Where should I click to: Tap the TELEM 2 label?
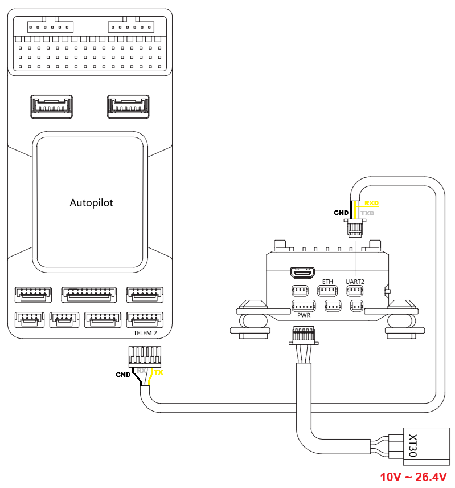click(145, 333)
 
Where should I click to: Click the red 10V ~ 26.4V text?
click(413, 477)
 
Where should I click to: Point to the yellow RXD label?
click(371, 203)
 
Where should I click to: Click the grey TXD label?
click(368, 213)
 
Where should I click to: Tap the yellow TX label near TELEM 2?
click(159, 373)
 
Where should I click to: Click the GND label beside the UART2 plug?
click(341, 213)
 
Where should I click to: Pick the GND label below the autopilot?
click(123, 375)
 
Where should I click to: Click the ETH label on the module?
click(327, 282)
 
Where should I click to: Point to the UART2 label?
click(355, 282)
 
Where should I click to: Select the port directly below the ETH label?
click(328, 292)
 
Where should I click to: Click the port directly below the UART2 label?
click(355, 292)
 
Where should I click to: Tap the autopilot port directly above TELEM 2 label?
click(145, 319)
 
